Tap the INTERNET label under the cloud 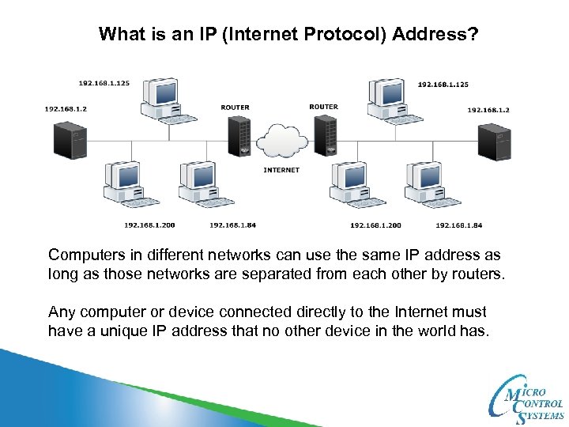pyautogui.click(x=281, y=170)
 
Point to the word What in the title pyautogui.click(x=118, y=35)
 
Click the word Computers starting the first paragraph pyautogui.click(x=89, y=255)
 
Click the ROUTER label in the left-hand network pyautogui.click(x=235, y=107)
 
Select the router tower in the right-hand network pyautogui.click(x=326, y=136)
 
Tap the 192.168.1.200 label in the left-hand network pyautogui.click(x=149, y=225)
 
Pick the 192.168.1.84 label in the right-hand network pyautogui.click(x=458, y=225)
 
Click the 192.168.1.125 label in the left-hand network pyautogui.click(x=103, y=83)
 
